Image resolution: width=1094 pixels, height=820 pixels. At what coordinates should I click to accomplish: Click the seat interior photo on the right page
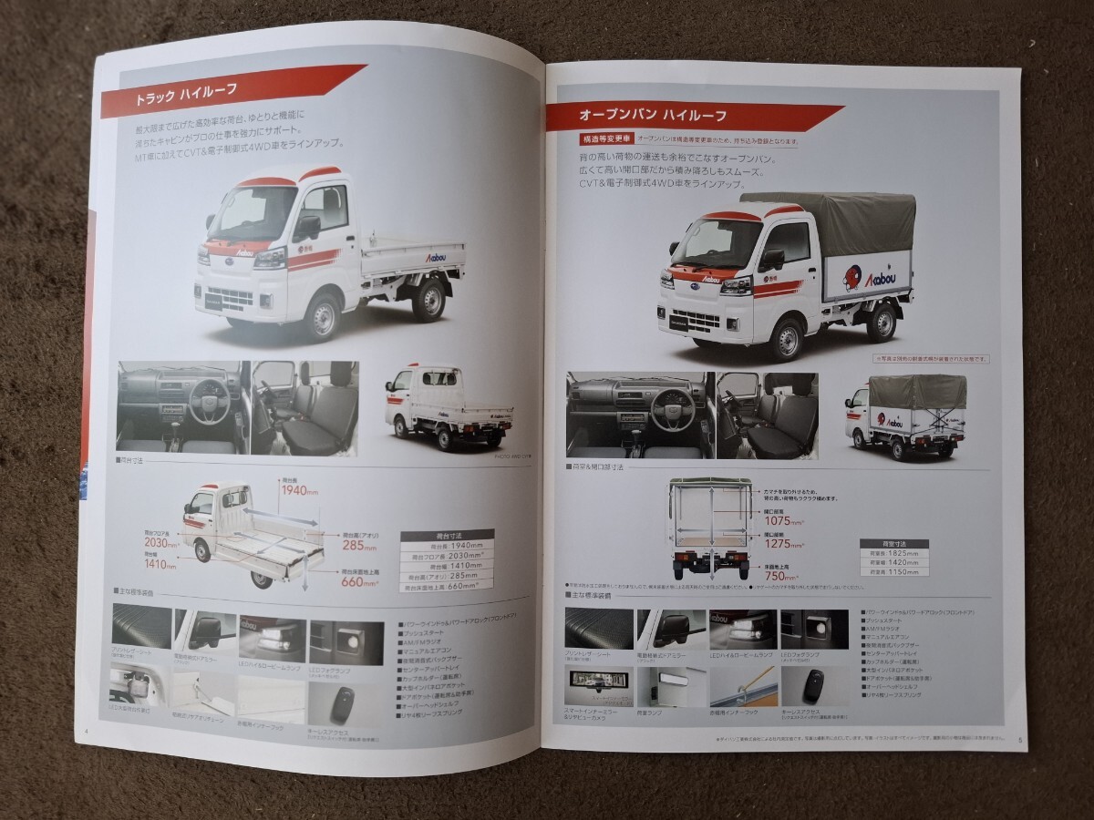pos(767,415)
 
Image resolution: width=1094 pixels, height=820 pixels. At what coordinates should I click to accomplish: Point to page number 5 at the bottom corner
pos(1019,740)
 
